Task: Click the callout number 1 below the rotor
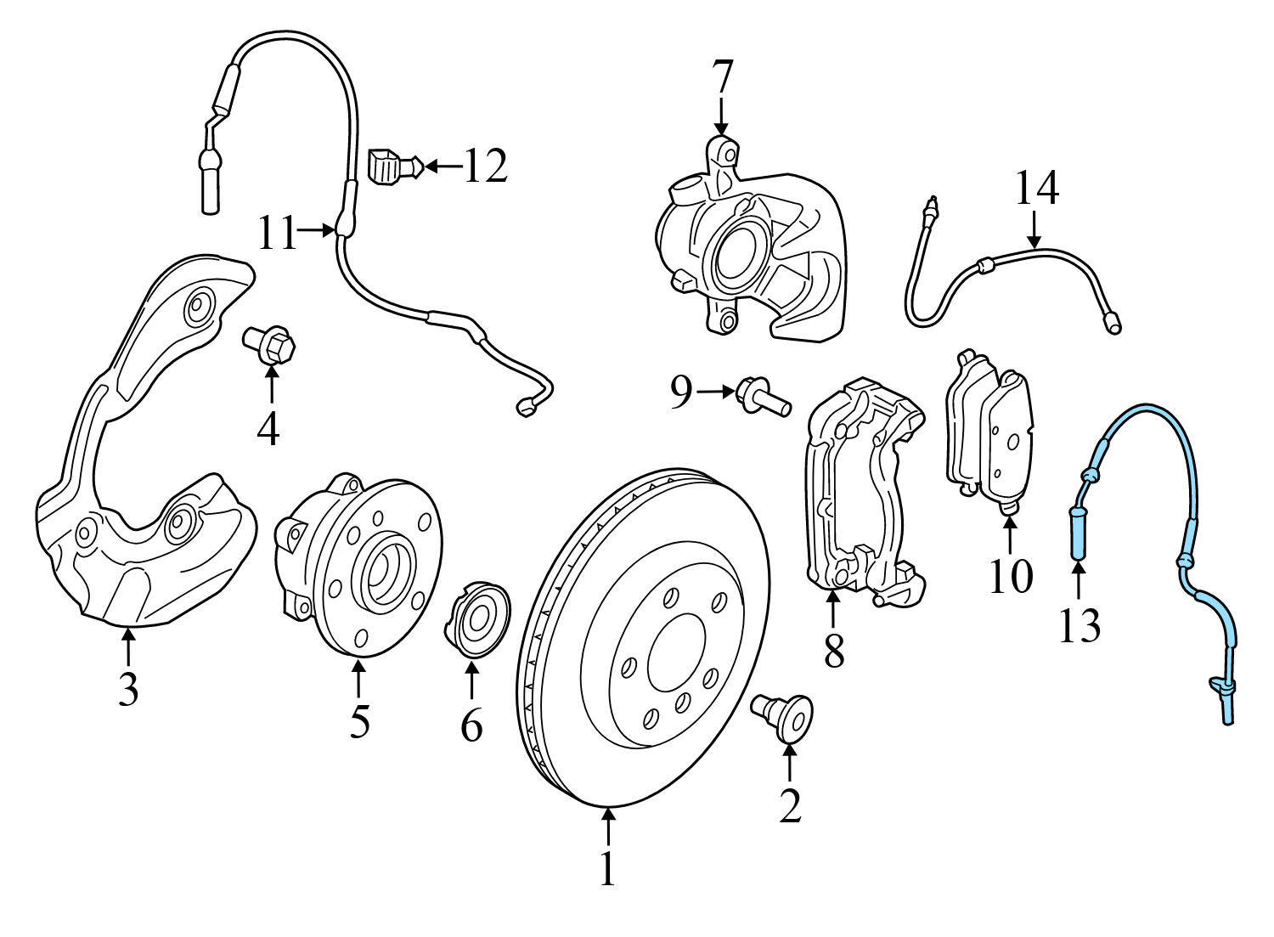[x=606, y=867]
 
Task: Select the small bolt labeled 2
[x=784, y=715]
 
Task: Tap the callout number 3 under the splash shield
[x=127, y=690]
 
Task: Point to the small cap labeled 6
[x=476, y=619]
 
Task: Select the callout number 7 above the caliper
[x=720, y=78]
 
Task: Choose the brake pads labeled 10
[x=990, y=432]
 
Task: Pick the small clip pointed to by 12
[x=391, y=165]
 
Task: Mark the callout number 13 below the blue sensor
[x=1079, y=626]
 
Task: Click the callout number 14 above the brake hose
[x=1036, y=189]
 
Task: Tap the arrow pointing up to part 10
[x=1009, y=534]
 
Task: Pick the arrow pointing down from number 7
[x=720, y=115]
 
